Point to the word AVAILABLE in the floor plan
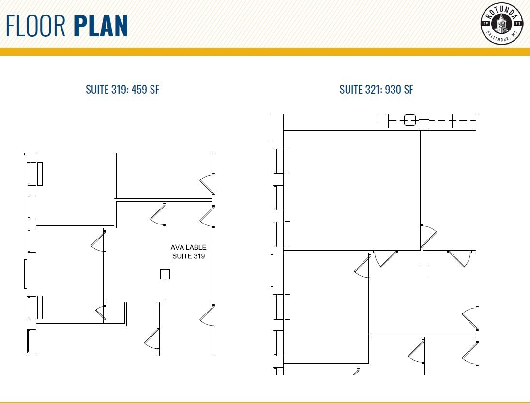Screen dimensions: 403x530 188,247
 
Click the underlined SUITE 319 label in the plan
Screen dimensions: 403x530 188,256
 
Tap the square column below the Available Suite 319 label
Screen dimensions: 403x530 165,274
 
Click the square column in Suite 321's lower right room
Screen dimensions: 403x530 424,270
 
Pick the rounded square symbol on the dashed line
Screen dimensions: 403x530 410,119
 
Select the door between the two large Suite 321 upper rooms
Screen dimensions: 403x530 428,237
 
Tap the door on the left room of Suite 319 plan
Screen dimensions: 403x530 99,241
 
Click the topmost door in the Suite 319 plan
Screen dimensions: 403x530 207,184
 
